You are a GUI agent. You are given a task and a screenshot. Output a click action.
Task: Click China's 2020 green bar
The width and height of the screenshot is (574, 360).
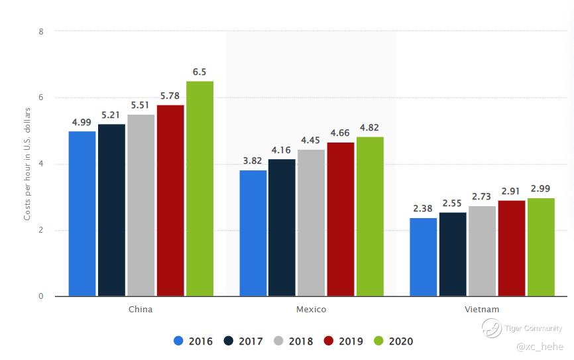(200, 189)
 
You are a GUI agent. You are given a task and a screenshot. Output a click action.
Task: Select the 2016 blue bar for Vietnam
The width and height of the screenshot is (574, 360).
(423, 257)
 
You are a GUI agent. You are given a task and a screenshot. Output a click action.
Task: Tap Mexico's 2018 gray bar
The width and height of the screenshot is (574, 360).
(311, 223)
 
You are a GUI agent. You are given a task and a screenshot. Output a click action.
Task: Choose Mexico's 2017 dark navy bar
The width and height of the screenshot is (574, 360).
(282, 227)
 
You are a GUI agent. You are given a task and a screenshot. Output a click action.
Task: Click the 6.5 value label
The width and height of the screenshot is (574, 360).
(200, 72)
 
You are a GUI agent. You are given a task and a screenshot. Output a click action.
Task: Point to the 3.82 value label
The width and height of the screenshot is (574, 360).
(253, 160)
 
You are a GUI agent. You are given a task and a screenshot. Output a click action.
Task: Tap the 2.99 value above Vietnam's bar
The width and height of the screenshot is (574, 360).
(541, 188)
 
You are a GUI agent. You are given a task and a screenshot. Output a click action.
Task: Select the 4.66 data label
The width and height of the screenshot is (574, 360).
(340, 133)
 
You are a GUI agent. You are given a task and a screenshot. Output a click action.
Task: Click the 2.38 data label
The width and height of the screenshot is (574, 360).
(423, 208)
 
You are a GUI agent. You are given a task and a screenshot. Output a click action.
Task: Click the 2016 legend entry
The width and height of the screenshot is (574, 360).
(193, 341)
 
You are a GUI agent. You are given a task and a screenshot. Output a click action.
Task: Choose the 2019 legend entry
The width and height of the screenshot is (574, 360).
(343, 341)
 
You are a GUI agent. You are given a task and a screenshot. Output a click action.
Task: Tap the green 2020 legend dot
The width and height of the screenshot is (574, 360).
(379, 341)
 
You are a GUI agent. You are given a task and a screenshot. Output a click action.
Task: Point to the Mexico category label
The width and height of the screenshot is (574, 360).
(311, 310)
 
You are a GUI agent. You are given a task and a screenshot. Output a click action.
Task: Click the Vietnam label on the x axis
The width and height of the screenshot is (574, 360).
(482, 310)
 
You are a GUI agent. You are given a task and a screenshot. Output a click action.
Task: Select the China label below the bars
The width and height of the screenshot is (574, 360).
(141, 310)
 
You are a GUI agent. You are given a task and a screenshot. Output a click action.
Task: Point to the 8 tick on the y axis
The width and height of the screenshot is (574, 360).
(41, 31)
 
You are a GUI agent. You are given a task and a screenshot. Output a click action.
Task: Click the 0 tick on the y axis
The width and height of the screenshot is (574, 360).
(41, 296)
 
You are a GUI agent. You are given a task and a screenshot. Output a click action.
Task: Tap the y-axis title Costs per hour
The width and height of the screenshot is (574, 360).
(27, 163)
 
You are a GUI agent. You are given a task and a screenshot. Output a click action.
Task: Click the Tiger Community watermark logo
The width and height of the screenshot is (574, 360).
(491, 328)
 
